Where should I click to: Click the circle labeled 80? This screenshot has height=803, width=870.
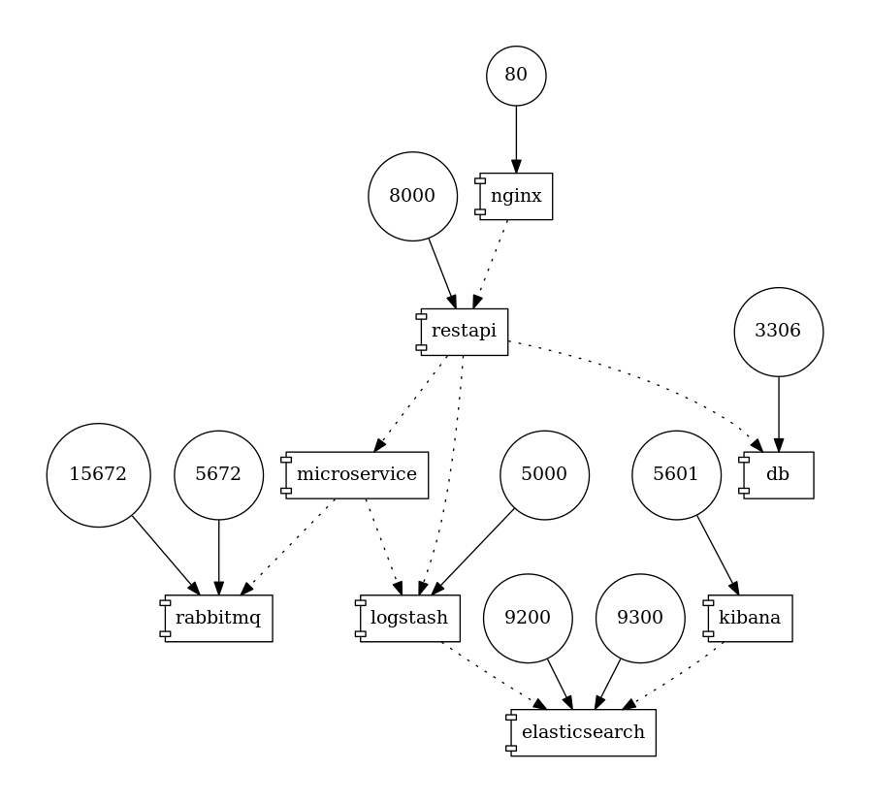pyautogui.click(x=516, y=76)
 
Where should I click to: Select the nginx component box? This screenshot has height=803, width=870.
pyautogui.click(x=515, y=197)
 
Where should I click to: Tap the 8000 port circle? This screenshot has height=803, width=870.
pyautogui.click(x=412, y=196)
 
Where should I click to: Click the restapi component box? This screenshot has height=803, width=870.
pyautogui.click(x=464, y=332)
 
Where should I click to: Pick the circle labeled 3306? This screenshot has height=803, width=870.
pyautogui.click(x=778, y=332)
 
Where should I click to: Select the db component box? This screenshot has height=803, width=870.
pyautogui.click(x=778, y=475)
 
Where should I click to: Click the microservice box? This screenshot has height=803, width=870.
pyautogui.click(x=357, y=475)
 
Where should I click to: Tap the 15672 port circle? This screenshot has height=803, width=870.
pyautogui.click(x=98, y=475)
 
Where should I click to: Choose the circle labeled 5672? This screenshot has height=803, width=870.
pyautogui.click(x=218, y=475)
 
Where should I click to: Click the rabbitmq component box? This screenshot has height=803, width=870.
pyautogui.click(x=218, y=619)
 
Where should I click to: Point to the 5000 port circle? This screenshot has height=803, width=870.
pyautogui.click(x=544, y=475)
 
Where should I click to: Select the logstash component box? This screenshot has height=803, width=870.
pyautogui.click(x=409, y=619)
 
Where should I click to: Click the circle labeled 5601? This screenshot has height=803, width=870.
pyautogui.click(x=676, y=475)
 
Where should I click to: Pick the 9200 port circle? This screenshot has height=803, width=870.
pyautogui.click(x=528, y=619)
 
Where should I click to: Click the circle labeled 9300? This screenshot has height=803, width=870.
pyautogui.click(x=640, y=619)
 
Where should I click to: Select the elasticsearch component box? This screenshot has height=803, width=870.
pyautogui.click(x=582, y=732)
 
